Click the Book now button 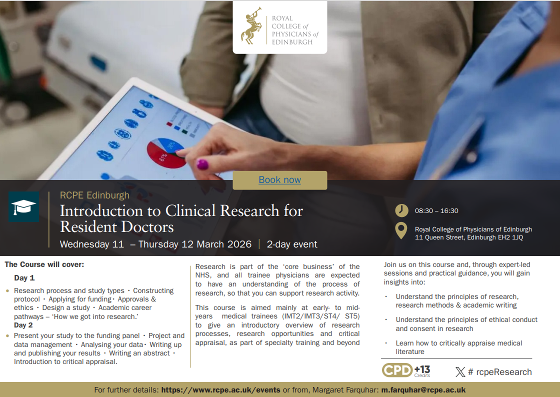(x=279, y=180)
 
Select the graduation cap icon (x=23, y=206)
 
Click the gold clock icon (x=401, y=210)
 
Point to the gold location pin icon (x=401, y=230)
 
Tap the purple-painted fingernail (x=202, y=164)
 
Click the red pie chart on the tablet (x=166, y=153)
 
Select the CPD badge (x=406, y=370)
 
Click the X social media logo (x=460, y=372)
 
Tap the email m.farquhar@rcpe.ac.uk (x=423, y=390)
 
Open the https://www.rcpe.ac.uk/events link (x=220, y=390)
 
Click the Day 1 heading (x=24, y=278)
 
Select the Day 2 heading (x=23, y=325)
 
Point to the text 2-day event (x=292, y=244)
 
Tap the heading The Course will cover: (x=44, y=264)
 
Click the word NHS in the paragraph (x=202, y=275)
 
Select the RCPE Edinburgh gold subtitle (x=94, y=195)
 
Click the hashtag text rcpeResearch (x=503, y=372)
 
